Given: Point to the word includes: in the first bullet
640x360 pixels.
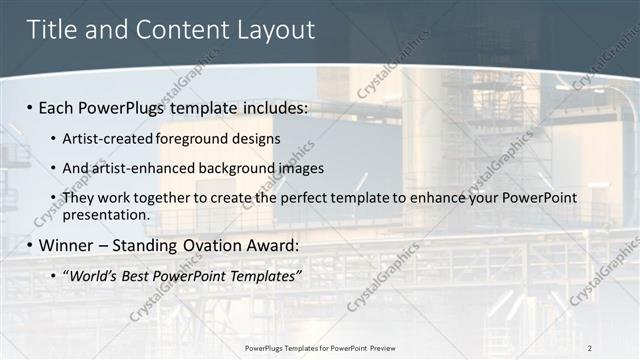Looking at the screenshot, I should pos(272,106).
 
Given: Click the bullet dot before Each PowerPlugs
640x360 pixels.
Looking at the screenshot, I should pos(31,107).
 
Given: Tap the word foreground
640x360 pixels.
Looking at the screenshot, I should pos(190,138).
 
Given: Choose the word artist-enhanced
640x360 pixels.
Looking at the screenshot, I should pos(141,168).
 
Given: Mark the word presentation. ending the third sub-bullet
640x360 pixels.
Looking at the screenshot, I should pos(106,214).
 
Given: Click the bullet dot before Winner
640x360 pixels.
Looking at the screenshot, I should pos(31,245).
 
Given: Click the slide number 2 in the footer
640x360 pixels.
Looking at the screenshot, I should pos(590,348).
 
